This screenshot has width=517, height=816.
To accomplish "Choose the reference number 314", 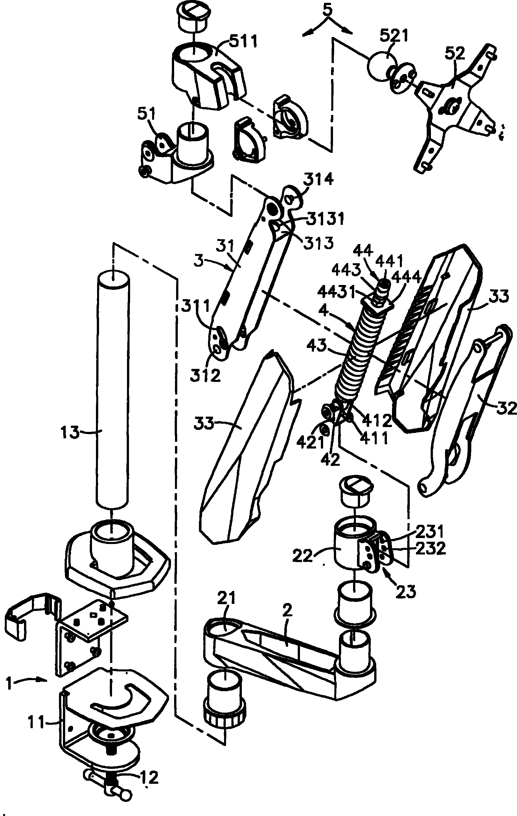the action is pos(318,180).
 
